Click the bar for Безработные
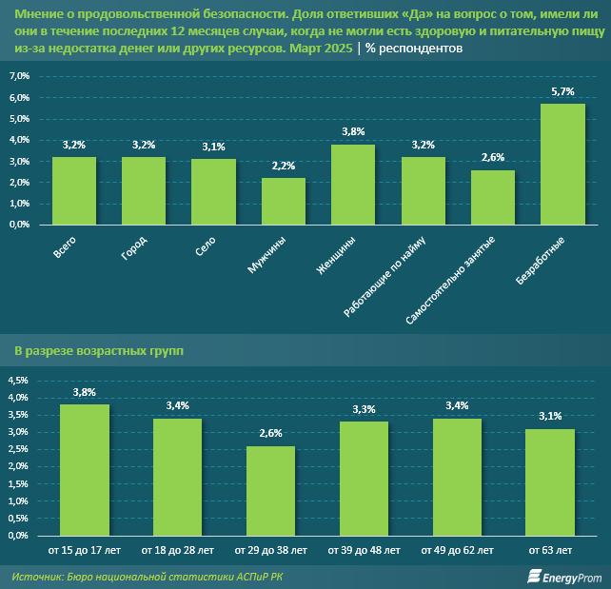click(x=562, y=165)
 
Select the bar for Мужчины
click(x=284, y=202)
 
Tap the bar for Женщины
click(x=353, y=185)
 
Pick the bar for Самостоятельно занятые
click(x=493, y=198)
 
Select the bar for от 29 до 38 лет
click(x=270, y=491)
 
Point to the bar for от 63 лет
click(x=550, y=482)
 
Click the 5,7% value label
click(x=562, y=91)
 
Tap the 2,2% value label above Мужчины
click(x=284, y=167)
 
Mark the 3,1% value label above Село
click(x=213, y=147)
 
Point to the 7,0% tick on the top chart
click(x=19, y=76)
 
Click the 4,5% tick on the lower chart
click(x=19, y=381)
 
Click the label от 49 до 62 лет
click(x=457, y=551)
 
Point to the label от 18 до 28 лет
click(x=177, y=551)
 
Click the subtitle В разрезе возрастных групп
click(x=99, y=351)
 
